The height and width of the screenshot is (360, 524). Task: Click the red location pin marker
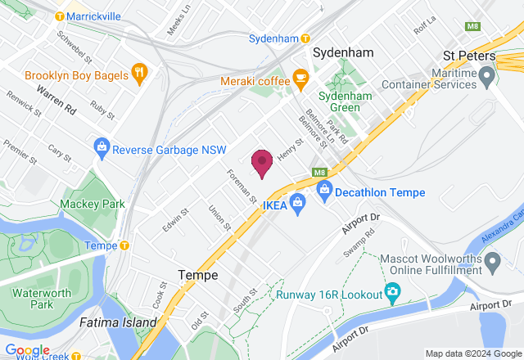261,162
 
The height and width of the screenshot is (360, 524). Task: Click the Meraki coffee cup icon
300,80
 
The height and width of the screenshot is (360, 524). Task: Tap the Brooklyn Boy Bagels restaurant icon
140,74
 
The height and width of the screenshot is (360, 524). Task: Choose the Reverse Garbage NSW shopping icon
102,149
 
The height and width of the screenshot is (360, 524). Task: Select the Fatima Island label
117,322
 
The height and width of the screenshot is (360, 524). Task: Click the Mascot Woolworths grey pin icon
492,263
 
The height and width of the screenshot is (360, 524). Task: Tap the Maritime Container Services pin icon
488,79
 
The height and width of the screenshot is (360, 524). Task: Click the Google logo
27,350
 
